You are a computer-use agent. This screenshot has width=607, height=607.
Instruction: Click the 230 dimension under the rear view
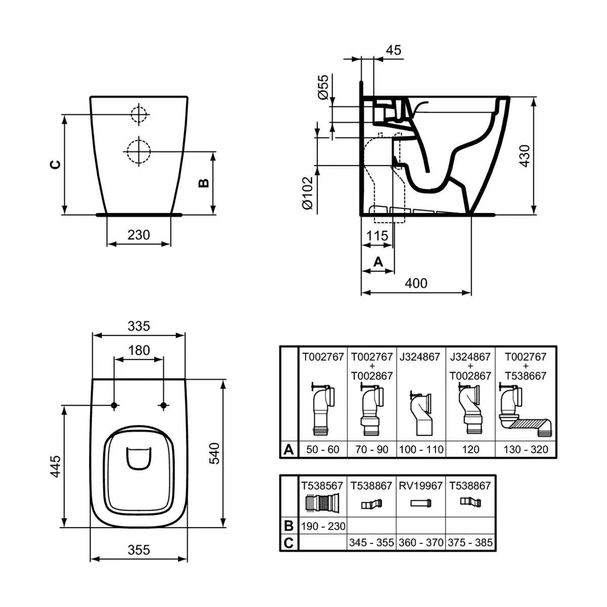tap(139, 235)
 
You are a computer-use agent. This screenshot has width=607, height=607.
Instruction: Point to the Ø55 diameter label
tap(323, 87)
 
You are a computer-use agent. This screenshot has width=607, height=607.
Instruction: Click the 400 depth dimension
tap(416, 283)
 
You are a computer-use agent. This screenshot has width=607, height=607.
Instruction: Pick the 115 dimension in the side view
tap(377, 236)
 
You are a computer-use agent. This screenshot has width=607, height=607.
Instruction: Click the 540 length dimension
tap(214, 453)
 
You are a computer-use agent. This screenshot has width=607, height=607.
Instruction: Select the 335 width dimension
tap(139, 326)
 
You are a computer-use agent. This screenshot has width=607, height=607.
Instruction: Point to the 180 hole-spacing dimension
tap(139, 350)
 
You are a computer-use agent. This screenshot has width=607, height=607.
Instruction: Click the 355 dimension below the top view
tap(139, 549)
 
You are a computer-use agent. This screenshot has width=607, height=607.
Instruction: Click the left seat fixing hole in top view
tap(114, 405)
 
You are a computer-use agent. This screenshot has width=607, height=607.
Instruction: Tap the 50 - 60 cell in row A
tap(323, 449)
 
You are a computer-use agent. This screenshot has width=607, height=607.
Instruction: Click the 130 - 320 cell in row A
tap(526, 449)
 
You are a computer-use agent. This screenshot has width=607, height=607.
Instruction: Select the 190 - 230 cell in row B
tap(323, 526)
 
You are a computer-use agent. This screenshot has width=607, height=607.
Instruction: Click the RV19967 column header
tap(421, 486)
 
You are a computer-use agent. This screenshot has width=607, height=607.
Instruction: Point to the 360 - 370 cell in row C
tap(421, 543)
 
